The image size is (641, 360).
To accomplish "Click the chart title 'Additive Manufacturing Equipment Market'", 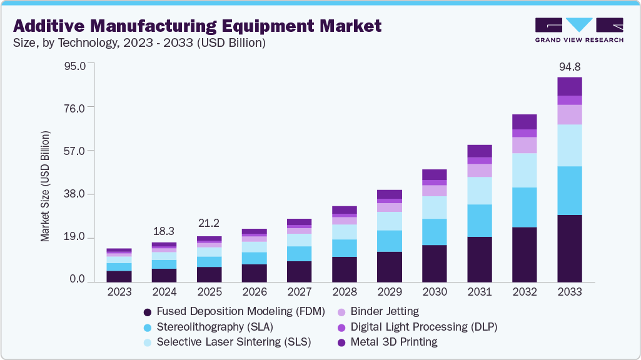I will click(197, 26).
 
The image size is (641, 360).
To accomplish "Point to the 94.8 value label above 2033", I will click(570, 67).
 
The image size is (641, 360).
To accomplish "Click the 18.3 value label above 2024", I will click(164, 231).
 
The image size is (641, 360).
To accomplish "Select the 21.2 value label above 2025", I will click(209, 223).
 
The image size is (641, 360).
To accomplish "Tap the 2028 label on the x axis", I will click(345, 292).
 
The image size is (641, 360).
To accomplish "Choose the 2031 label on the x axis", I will click(480, 292).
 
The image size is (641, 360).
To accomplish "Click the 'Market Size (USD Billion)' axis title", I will click(45, 187).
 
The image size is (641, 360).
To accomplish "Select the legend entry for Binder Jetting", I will click(385, 311).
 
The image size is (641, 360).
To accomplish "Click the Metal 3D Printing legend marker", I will click(341, 342).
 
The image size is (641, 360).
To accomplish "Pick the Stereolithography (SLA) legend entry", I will click(215, 327).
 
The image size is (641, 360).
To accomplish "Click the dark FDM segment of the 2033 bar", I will click(570, 248).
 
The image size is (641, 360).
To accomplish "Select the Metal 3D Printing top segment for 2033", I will click(570, 86).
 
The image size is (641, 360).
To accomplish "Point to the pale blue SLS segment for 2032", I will click(525, 170).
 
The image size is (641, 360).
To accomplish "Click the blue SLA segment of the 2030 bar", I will click(435, 231).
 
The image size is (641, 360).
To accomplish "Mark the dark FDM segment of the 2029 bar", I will click(390, 267).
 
